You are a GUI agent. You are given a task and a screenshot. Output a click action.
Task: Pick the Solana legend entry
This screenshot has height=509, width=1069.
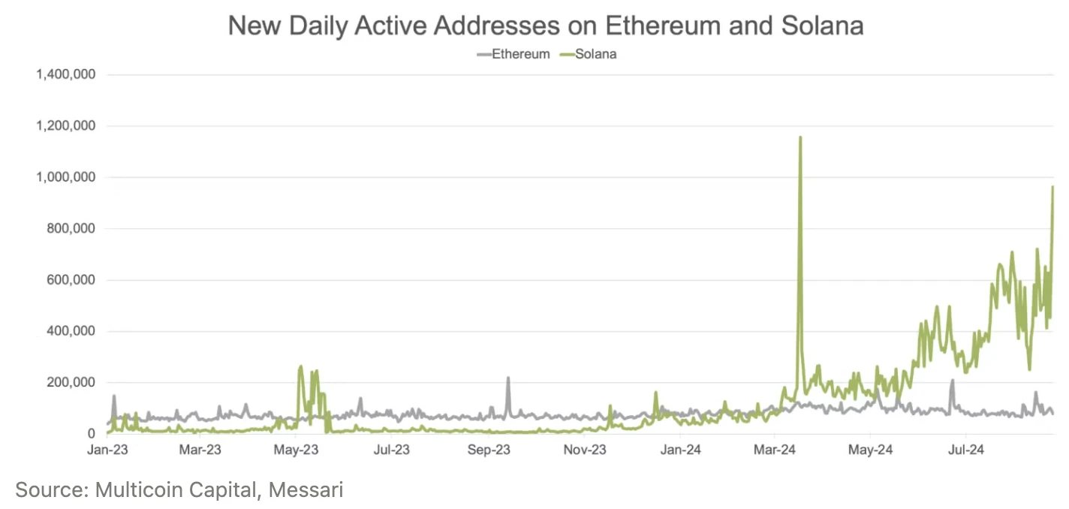tap(595, 54)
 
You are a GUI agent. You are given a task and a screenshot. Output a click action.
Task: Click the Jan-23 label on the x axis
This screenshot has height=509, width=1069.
tap(107, 450)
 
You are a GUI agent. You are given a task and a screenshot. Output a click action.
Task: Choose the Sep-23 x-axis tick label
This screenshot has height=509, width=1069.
tap(489, 450)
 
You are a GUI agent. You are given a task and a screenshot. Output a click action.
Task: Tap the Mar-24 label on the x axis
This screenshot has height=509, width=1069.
tap(775, 450)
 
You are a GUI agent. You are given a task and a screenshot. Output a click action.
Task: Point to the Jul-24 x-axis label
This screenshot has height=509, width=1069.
tap(965, 450)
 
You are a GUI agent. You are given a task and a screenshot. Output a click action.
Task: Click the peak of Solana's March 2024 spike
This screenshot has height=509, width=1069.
tap(800, 137)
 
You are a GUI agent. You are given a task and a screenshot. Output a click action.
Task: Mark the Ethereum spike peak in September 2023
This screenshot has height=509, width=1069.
tap(508, 378)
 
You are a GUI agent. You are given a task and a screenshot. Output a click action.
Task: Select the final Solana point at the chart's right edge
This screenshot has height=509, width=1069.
tap(1052, 187)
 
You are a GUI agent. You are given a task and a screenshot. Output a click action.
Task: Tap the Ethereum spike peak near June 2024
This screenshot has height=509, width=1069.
tap(953, 381)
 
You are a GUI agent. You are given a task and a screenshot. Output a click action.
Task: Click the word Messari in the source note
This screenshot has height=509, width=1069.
tap(306, 490)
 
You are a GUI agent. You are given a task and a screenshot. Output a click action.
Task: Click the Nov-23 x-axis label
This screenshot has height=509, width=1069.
tap(585, 450)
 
